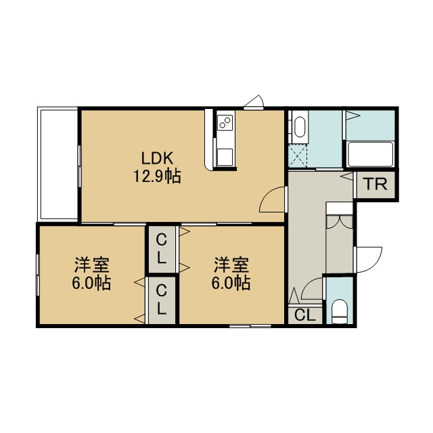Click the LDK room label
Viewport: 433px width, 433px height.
[x=157, y=159]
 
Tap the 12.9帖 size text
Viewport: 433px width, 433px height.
[x=157, y=177]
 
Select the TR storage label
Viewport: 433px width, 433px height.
[x=375, y=185]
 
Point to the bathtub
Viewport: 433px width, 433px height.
[x=371, y=154]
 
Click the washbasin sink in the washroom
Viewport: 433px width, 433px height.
[x=299, y=128]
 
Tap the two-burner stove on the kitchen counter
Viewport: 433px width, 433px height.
[x=225, y=122]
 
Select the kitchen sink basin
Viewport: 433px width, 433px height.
[x=225, y=156]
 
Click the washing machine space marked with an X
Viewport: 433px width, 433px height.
[x=298, y=156]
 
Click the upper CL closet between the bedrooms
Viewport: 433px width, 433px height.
[x=162, y=250]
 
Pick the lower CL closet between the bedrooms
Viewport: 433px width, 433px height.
[x=162, y=300]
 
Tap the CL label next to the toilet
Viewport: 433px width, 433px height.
[x=305, y=315]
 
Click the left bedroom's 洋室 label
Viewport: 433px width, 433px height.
[x=92, y=265]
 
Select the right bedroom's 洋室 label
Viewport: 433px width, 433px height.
[x=231, y=265]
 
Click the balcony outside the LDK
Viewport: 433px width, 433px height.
[x=58, y=164]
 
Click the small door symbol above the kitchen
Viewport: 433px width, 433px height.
[x=254, y=102]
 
